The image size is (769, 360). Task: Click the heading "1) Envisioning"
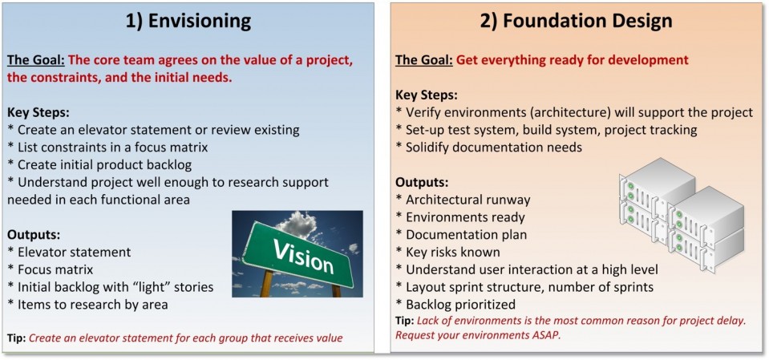pyautogui.click(x=188, y=21)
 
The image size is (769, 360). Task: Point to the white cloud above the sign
pyautogui.click(x=297, y=224)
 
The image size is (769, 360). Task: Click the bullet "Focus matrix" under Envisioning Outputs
pyautogui.click(x=51, y=269)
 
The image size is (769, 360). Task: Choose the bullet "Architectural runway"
pyautogui.click(x=463, y=200)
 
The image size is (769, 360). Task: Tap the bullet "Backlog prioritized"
pyautogui.click(x=456, y=305)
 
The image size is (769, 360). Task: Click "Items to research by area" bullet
pyautogui.click(x=87, y=305)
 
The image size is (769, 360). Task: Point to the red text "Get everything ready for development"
pyautogui.click(x=573, y=60)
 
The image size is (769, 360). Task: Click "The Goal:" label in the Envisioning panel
pyautogui.click(x=36, y=61)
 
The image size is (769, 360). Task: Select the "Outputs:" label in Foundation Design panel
pyautogui.click(x=423, y=183)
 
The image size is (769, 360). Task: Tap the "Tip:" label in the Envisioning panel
pyautogui.click(x=16, y=338)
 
